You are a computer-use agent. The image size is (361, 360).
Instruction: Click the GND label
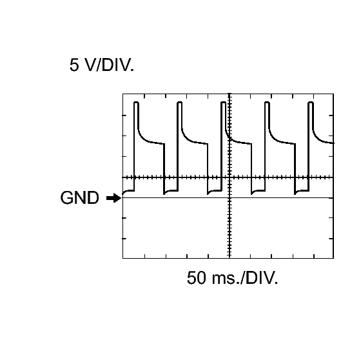(x=79, y=198)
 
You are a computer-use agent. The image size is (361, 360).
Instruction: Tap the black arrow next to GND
(x=113, y=198)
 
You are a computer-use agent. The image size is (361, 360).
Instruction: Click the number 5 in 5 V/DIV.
(x=74, y=65)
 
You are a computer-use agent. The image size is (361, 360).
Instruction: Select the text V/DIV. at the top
(x=110, y=65)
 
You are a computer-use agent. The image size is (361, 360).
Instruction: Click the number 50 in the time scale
(x=196, y=277)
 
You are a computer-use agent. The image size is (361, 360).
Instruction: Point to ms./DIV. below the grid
(x=245, y=277)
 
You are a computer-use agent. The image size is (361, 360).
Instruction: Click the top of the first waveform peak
(x=136, y=102)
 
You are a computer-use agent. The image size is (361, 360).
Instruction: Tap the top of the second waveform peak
(x=180, y=102)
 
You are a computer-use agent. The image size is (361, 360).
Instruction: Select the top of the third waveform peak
(x=223, y=102)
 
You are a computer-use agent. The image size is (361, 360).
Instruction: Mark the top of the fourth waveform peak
(x=267, y=102)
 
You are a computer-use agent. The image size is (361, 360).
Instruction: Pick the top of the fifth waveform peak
(x=311, y=102)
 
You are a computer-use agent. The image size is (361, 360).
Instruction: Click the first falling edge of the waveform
(x=164, y=168)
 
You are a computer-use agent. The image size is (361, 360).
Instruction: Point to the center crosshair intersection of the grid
(x=229, y=177)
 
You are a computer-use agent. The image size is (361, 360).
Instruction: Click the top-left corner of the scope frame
(x=122, y=94)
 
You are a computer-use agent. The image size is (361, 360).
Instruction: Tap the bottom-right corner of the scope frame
(x=333, y=258)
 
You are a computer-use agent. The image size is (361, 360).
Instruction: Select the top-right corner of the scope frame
(x=333, y=94)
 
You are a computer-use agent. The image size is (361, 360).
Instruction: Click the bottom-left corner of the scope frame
(x=122, y=258)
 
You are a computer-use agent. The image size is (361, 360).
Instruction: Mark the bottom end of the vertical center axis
(x=229, y=258)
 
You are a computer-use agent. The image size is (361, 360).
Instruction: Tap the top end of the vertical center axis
(x=229, y=94)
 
